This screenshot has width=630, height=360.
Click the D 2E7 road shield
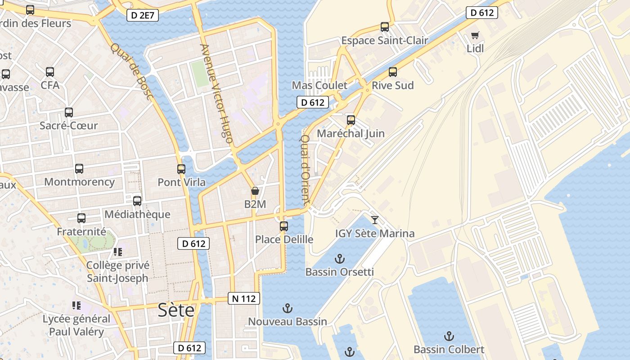click(x=143, y=15)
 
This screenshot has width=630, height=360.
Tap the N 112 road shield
click(x=244, y=298)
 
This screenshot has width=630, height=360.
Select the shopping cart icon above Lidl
click(x=475, y=35)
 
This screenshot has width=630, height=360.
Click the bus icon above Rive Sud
click(x=393, y=72)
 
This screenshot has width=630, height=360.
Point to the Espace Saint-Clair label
click(x=384, y=40)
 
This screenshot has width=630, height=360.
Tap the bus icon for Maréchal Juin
click(x=351, y=120)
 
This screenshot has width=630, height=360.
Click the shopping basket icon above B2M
click(x=255, y=191)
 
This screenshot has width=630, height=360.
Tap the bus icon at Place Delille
click(x=284, y=226)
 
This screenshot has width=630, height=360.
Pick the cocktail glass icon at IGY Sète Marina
click(x=374, y=220)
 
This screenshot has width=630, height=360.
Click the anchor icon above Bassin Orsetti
click(x=340, y=259)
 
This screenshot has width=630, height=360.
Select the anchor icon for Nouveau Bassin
click(x=287, y=308)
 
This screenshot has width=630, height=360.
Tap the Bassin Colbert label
click(x=449, y=349)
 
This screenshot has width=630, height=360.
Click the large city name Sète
click(x=176, y=310)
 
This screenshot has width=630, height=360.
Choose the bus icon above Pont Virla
click(x=181, y=169)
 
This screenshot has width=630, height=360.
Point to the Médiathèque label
click(x=137, y=214)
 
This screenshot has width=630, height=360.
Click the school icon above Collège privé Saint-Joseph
click(x=117, y=252)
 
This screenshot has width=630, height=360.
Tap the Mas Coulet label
click(x=319, y=85)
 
